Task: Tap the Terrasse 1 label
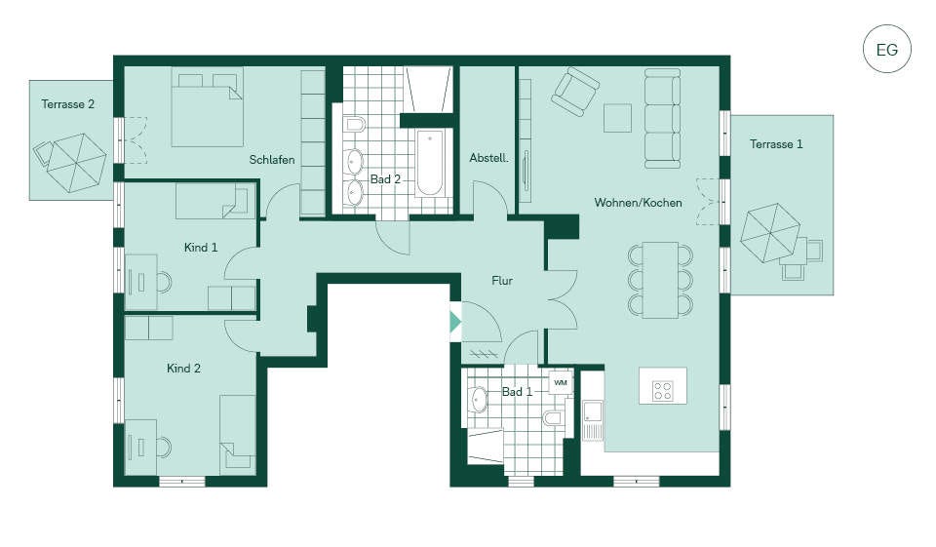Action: click(776, 144)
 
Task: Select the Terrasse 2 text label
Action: click(68, 104)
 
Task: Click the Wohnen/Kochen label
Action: click(638, 203)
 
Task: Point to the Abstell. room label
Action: click(488, 158)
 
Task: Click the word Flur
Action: click(502, 280)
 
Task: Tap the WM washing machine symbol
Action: click(561, 383)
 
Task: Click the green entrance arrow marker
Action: click(455, 322)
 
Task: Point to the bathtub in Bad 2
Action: click(430, 163)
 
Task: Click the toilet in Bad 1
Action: click(554, 417)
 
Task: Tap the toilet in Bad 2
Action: click(355, 125)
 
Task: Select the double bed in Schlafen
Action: click(207, 107)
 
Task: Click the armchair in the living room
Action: click(575, 92)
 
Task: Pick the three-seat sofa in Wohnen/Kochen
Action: click(663, 119)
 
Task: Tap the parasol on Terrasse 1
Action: click(769, 233)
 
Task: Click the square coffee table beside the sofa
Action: click(617, 118)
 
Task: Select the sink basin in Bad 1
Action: click(479, 400)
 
